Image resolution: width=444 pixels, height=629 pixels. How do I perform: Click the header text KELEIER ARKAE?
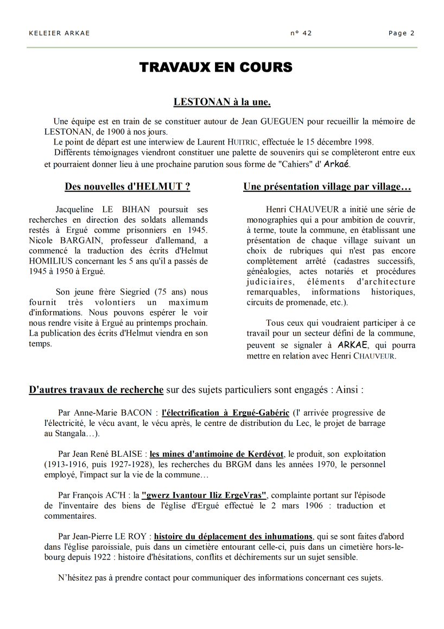pyautogui.click(x=59, y=33)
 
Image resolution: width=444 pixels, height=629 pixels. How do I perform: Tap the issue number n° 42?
pyautogui.click(x=301, y=33)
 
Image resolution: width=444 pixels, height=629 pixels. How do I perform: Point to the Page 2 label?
pyautogui.click(x=402, y=33)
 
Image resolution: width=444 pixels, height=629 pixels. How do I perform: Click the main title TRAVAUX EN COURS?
pyautogui.click(x=216, y=67)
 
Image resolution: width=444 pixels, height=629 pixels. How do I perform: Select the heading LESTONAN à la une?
pyautogui.click(x=222, y=102)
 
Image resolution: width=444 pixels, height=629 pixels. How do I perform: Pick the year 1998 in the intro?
pyautogui.click(x=364, y=142)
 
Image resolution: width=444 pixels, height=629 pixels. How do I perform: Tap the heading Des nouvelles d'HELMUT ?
pyautogui.click(x=127, y=187)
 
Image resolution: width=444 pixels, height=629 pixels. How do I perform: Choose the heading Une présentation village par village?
pyautogui.click(x=327, y=187)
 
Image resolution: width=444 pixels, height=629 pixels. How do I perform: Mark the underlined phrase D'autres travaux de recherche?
pyautogui.click(x=96, y=389)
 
